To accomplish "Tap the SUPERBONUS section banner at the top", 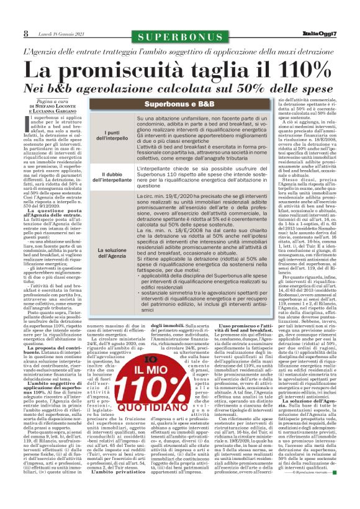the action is coord(179,33).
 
